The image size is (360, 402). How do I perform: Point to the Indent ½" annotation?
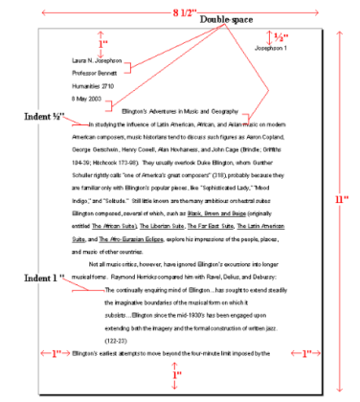point(43,117)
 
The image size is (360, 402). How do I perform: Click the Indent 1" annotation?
point(46,278)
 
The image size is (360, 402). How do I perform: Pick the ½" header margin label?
point(281,36)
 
